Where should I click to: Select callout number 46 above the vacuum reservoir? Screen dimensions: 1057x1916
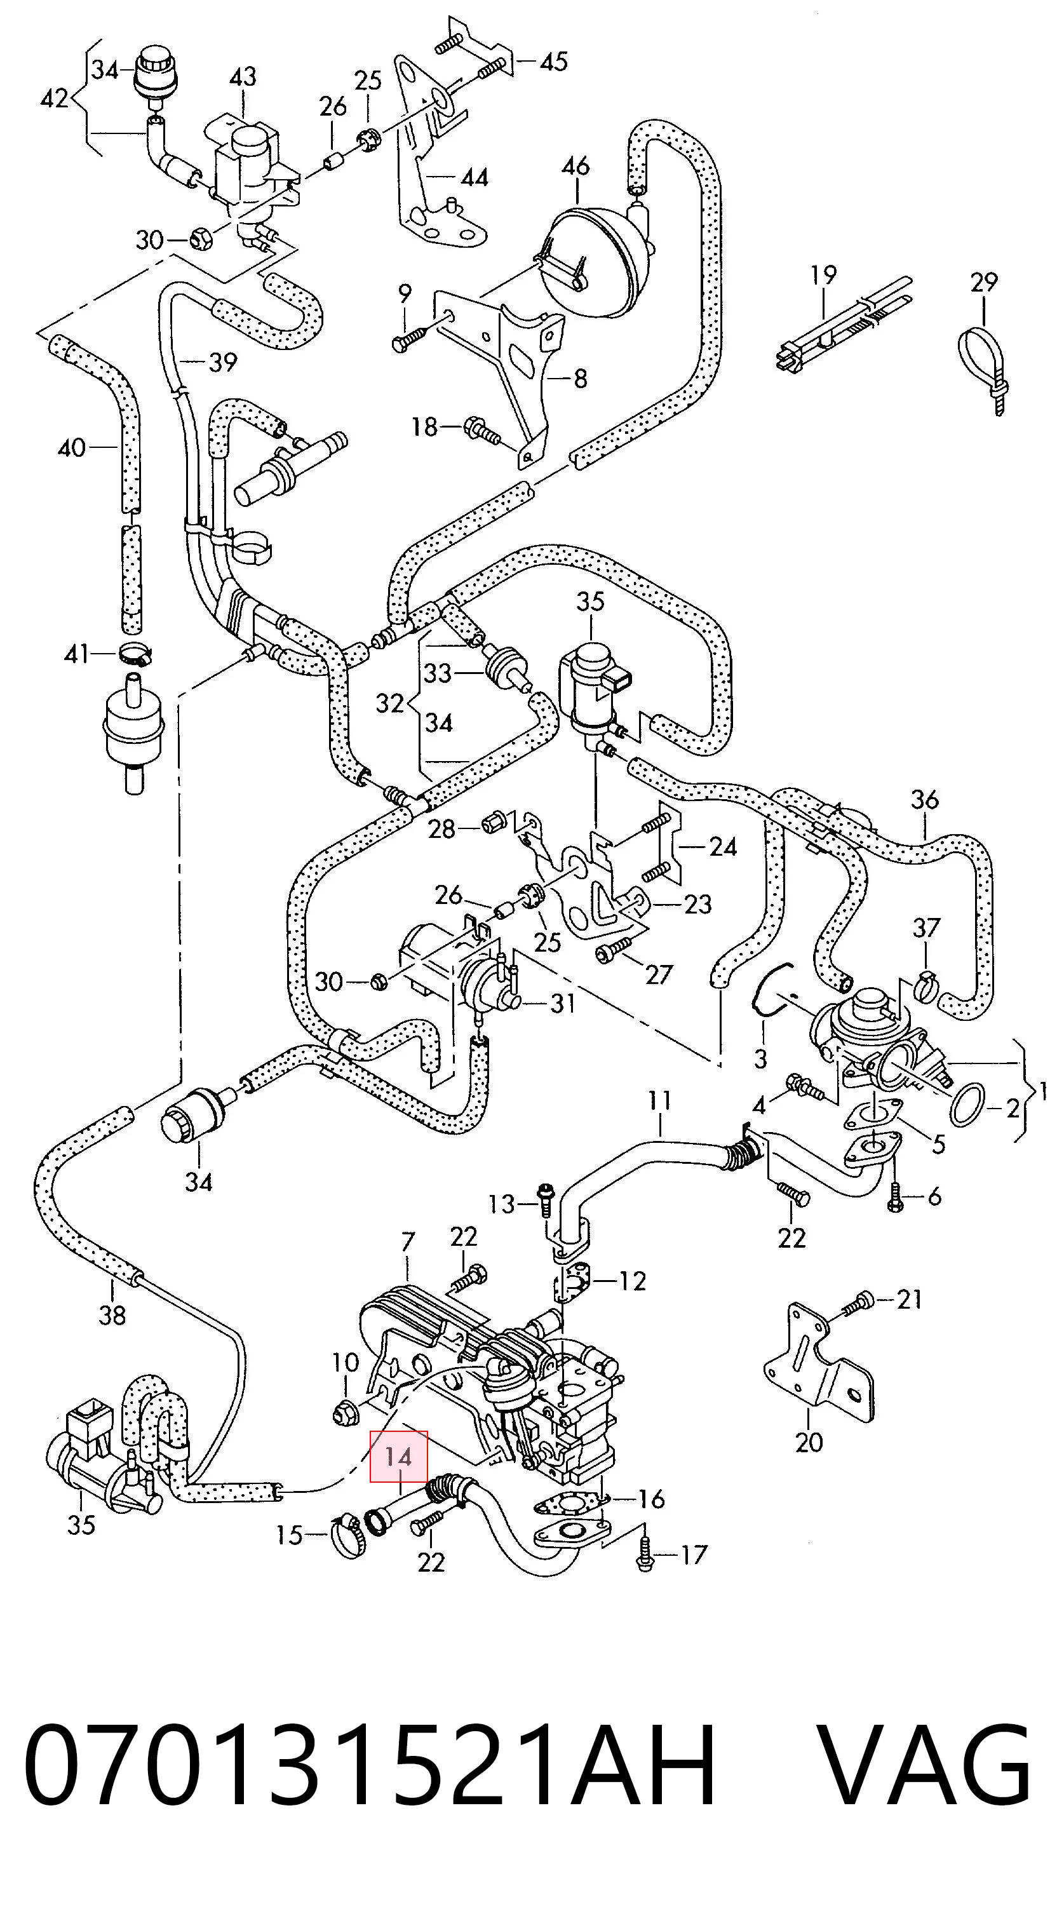[576, 165]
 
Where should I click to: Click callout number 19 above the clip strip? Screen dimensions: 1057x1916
[823, 275]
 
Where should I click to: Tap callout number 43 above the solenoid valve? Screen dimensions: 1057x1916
[243, 77]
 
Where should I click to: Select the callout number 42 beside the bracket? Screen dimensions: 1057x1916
[54, 97]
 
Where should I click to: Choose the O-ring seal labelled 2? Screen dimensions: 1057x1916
[967, 1105]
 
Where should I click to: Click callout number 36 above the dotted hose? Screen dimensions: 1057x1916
[925, 800]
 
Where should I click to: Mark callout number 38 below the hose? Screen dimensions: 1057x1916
[112, 1315]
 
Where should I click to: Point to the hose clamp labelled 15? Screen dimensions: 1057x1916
[347, 1534]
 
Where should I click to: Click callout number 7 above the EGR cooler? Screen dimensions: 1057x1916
[408, 1241]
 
